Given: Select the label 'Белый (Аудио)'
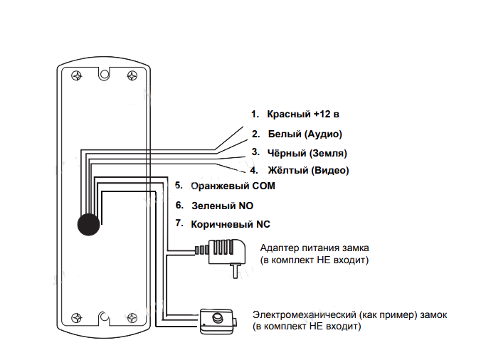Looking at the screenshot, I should point(305,134).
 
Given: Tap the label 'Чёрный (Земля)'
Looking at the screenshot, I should point(307,152).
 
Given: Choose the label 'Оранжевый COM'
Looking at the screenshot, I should point(232,186).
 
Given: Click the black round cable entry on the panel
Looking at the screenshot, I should point(89,223).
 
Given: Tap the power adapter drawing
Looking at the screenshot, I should point(226,253).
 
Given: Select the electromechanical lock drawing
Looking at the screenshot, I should point(217,321).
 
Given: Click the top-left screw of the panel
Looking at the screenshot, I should point(75,75).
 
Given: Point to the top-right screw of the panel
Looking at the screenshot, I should point(131,75).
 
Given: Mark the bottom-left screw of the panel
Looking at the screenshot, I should point(75,319).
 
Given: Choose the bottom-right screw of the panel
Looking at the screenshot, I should point(131,319).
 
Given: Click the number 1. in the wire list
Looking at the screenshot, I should point(255,114).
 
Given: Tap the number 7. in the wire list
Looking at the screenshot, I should point(179,224).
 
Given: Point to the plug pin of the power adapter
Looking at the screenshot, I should point(234,270).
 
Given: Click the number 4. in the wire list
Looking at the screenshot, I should point(253,171).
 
